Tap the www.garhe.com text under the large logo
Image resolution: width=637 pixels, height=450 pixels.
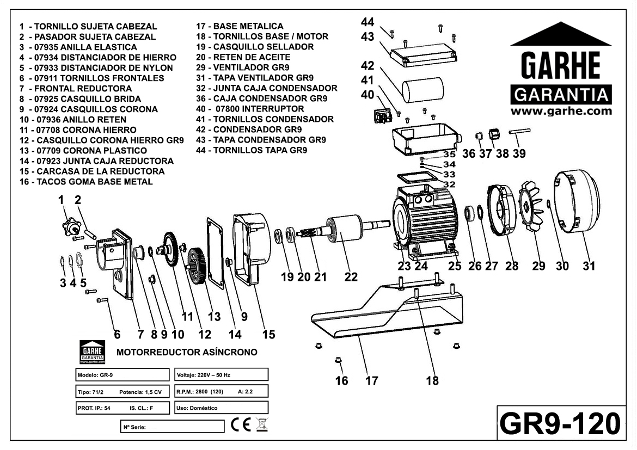561,111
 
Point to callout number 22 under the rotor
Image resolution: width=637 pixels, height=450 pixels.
351,276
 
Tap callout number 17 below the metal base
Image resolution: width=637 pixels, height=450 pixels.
371,380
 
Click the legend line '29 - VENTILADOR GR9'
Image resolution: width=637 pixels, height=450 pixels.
243,67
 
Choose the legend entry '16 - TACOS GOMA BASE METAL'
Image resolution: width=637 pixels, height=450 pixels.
86,182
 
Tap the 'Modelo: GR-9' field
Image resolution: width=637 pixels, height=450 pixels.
122,375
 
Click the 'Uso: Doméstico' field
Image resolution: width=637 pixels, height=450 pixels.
222,408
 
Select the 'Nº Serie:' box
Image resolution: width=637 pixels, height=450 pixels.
171,426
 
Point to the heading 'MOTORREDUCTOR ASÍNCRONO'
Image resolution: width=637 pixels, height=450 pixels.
187,353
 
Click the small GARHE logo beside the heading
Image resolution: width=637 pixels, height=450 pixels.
92,352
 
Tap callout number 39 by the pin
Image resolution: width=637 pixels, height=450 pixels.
519,154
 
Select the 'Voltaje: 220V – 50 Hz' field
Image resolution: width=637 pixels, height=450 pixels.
222,375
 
